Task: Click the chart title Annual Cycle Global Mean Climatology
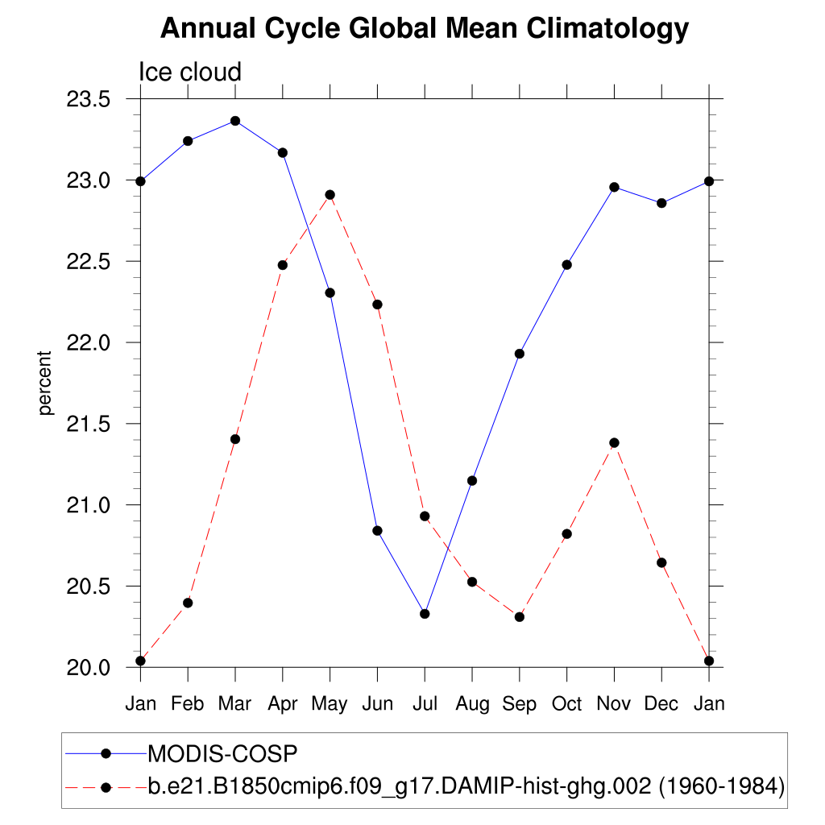coord(425,29)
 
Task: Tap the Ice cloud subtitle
coord(190,73)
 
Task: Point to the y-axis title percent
coord(45,383)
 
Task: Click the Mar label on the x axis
coord(234,703)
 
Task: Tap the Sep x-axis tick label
coord(519,703)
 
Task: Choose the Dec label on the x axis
coord(661,703)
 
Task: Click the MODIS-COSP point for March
coord(235,121)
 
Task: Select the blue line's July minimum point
coord(425,614)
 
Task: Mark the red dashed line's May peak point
coord(330,195)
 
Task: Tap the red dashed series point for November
coord(614,442)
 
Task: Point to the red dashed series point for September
coord(519,617)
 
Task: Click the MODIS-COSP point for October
coord(566,265)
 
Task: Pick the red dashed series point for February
coord(188,603)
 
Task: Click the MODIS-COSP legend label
coord(222,754)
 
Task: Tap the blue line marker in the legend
coord(105,754)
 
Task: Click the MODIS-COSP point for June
coord(377,530)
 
